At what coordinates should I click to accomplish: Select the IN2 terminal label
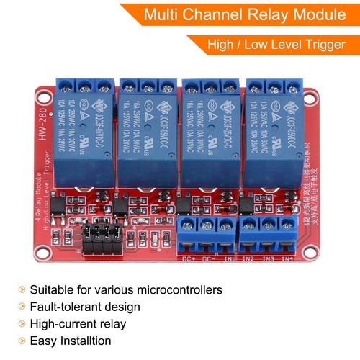point(249,258)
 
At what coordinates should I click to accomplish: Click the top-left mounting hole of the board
point(40,95)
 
